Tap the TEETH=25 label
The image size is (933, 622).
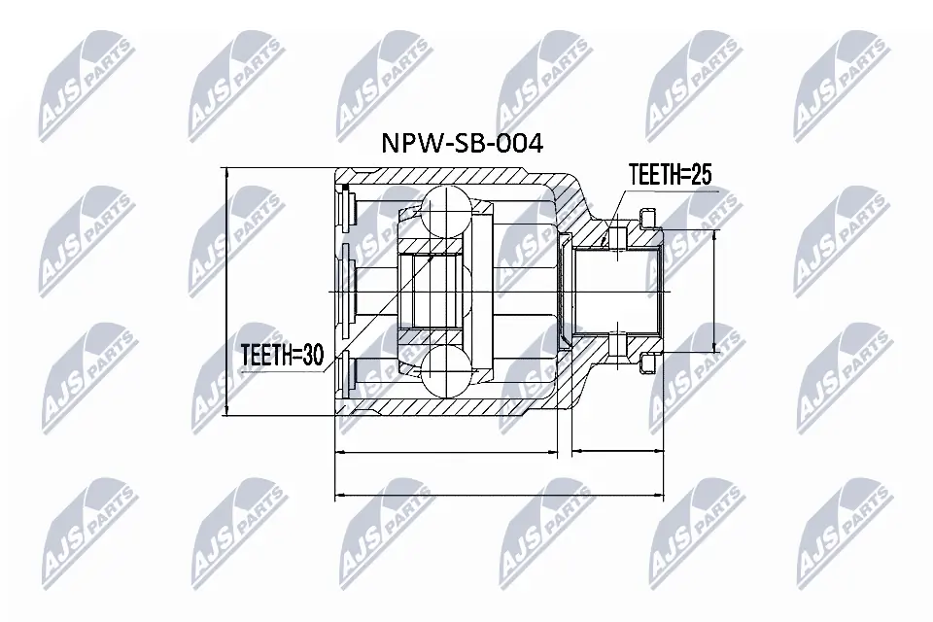[671, 176]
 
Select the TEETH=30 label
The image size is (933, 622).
[282, 356]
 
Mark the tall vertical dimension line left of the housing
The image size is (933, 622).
[225, 292]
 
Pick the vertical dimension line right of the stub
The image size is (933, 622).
[716, 292]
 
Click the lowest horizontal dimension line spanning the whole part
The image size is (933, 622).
[499, 495]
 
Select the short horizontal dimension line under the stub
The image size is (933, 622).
[616, 452]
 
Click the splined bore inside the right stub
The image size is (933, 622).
[618, 291]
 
